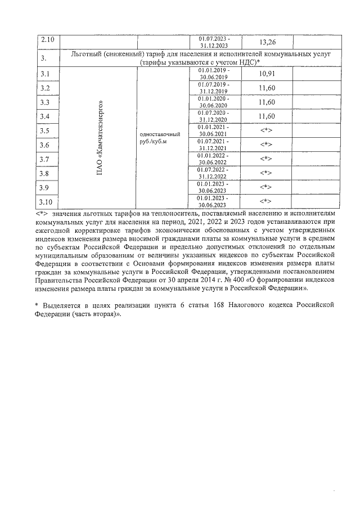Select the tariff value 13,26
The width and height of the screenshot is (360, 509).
pos(267,42)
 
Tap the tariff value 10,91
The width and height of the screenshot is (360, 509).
pos(267,74)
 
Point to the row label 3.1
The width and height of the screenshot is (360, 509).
pos(46,74)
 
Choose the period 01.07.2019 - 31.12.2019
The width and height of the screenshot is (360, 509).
pos(214,88)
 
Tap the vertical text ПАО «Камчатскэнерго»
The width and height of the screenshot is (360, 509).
pos(100,138)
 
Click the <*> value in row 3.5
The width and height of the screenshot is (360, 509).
pos(267,131)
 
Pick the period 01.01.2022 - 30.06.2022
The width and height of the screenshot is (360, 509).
pos(214,159)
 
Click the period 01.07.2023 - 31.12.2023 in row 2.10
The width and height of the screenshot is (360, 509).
pos(214,41)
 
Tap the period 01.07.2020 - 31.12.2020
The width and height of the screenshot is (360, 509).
pos(214,116)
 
